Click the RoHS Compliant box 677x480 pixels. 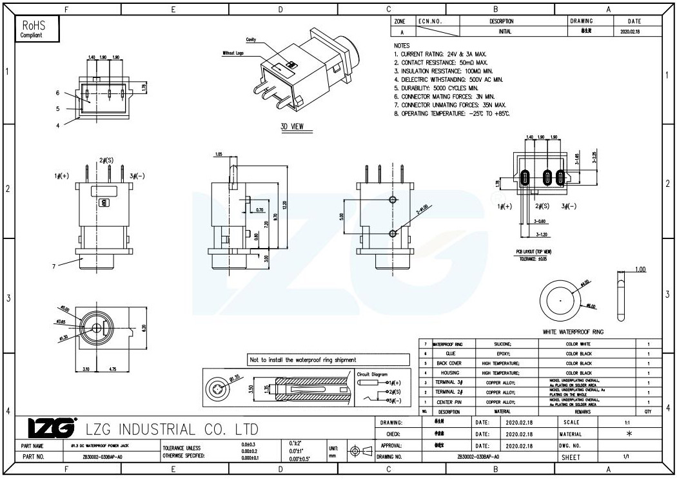click(x=35, y=28)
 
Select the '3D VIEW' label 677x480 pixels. click(x=292, y=126)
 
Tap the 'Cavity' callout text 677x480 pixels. click(x=251, y=40)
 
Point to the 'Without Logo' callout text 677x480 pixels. click(x=233, y=53)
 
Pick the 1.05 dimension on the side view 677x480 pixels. click(x=219, y=155)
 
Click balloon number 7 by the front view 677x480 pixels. click(x=54, y=265)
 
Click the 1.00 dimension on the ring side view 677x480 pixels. click(x=639, y=269)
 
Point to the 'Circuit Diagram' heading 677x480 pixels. click(x=372, y=374)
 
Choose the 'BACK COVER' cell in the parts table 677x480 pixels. click(x=449, y=363)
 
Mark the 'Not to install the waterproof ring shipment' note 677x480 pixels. click(x=302, y=360)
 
